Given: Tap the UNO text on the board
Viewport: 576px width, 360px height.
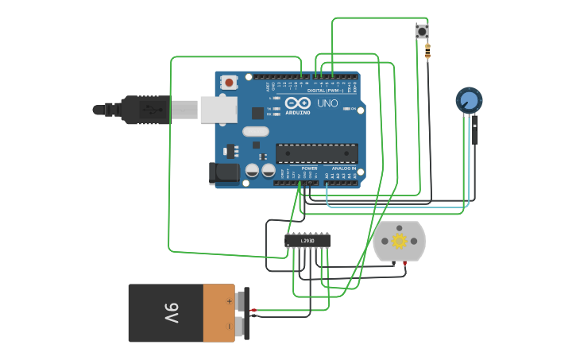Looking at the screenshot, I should pos(327,103).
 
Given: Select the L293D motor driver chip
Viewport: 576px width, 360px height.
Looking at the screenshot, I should pos(307,240).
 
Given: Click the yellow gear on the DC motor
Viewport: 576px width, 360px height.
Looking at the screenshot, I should pos(399,241).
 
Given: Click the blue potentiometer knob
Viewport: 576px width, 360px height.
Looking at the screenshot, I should pos(469,101).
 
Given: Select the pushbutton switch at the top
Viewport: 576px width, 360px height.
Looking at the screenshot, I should pos(421,32).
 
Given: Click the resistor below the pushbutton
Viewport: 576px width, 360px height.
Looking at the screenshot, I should pos(427,52).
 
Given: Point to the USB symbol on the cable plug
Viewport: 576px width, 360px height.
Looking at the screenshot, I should pos(149,110).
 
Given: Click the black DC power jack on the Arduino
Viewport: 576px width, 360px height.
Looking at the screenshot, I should pos(224,173).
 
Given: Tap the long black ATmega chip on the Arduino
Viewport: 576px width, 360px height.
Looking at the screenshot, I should pos(316,153).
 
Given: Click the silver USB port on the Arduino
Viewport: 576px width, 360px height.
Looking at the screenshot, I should pos(218,110).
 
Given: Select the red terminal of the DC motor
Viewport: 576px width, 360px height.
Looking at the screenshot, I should pos(405,262).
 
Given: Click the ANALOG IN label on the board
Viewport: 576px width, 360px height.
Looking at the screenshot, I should pos(343,168).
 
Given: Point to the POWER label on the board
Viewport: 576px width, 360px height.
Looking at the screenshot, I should pos(310,168).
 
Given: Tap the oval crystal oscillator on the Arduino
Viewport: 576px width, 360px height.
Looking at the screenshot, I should pos(256,131).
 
